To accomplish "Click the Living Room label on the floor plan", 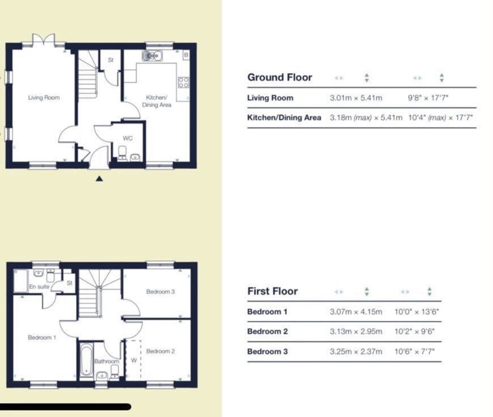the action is (44, 97).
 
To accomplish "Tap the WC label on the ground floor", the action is (128, 138).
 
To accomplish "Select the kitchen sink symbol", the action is (152, 56).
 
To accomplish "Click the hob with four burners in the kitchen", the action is (184, 82).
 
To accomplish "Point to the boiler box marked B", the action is (186, 55).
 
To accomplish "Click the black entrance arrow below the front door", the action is (99, 179).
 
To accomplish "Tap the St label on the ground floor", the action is (111, 60).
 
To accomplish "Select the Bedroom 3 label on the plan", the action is (161, 291).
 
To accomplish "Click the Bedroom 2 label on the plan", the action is (161, 351).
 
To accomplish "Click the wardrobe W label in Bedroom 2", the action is (134, 360).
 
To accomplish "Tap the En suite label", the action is (39, 286).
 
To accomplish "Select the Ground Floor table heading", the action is (280, 78).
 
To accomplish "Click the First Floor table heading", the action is (273, 291).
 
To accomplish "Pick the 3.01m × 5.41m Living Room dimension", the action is (356, 98).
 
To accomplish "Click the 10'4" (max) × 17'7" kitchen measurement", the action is (440, 118).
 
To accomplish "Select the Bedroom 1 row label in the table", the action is (267, 312).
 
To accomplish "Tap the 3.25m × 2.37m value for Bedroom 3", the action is (356, 351).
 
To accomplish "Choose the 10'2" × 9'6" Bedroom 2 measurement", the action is (414, 331).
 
